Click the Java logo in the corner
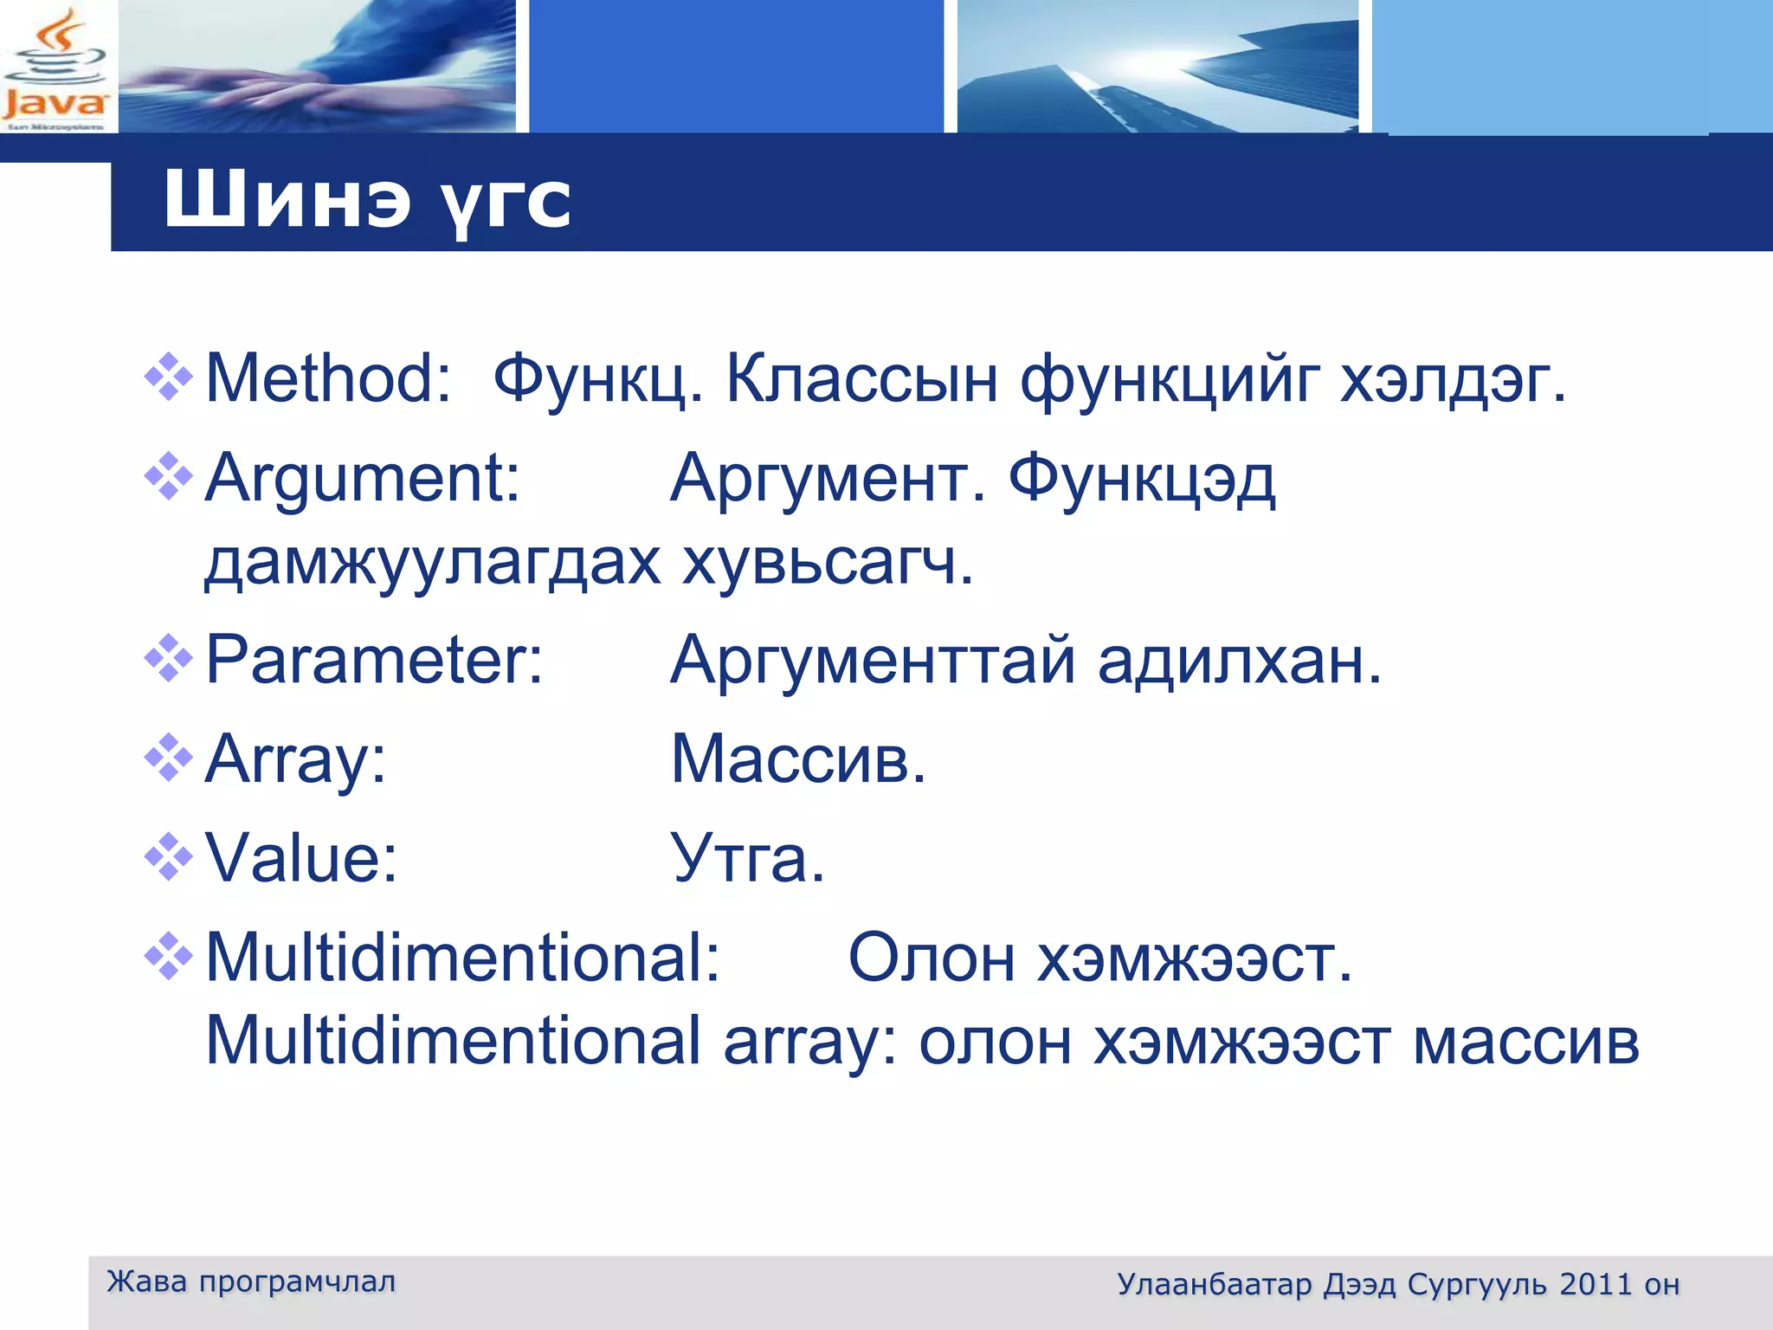(56, 68)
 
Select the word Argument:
(362, 478)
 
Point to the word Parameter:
(374, 661)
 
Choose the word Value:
(301, 858)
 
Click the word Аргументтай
(873, 661)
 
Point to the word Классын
(861, 378)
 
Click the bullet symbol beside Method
(169, 377)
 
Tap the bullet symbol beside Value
(169, 856)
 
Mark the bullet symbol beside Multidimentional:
(169, 956)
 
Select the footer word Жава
(146, 1282)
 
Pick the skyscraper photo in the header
(1157, 66)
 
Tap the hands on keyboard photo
(317, 66)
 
